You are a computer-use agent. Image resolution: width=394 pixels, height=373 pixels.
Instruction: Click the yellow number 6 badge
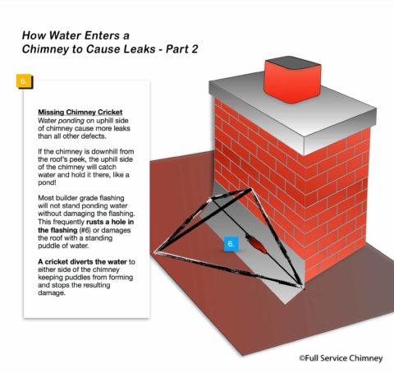(x=23, y=81)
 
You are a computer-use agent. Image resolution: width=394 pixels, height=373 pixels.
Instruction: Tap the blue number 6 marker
(x=231, y=244)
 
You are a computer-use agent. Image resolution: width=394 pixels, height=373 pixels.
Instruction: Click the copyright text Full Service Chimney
(x=337, y=358)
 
